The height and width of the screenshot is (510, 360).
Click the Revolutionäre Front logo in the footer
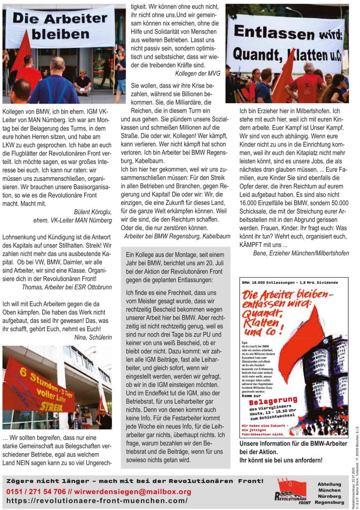(294, 491)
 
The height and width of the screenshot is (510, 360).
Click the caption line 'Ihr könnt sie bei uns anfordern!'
(281, 460)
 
